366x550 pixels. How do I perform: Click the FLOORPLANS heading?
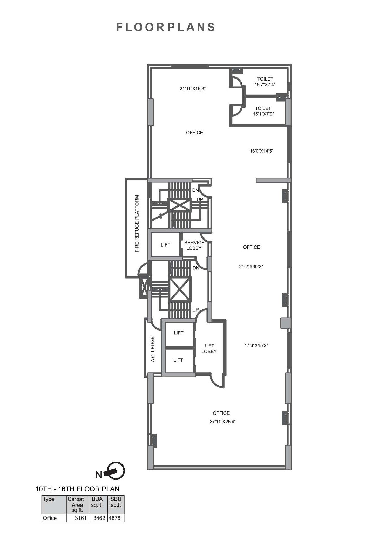(x=166, y=27)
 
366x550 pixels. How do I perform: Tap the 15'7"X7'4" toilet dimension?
(x=265, y=85)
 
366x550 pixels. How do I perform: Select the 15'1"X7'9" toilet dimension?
(x=263, y=114)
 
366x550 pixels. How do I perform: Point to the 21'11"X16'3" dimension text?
(x=193, y=89)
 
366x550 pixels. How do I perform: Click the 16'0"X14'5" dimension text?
(x=261, y=151)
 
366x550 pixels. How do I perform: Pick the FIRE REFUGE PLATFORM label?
(x=137, y=224)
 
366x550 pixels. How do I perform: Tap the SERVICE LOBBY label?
(x=194, y=245)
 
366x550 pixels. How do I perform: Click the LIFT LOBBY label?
(x=209, y=348)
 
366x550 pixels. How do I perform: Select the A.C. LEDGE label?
(x=153, y=349)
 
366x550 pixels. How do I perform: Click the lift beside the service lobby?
(x=165, y=245)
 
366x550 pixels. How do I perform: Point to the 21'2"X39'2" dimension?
(x=251, y=267)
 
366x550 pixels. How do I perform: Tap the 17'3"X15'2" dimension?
(x=256, y=346)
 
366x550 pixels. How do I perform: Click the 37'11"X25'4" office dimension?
(x=222, y=422)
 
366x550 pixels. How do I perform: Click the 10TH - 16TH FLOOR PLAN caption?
(x=77, y=489)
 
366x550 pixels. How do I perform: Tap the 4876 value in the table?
(x=114, y=518)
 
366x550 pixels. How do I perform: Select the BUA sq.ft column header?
(x=97, y=502)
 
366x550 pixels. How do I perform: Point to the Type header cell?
(x=49, y=499)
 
